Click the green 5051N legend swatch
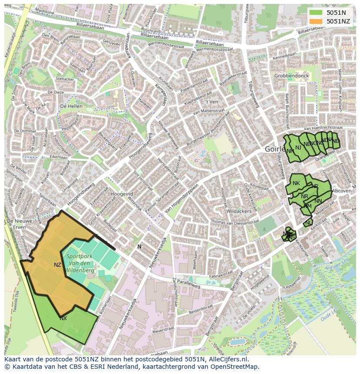tap(316, 13)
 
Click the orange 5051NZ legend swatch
tap(316, 21)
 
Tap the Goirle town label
tap(275, 149)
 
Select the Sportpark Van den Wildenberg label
tap(80, 263)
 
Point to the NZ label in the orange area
tap(57, 265)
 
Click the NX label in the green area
tap(63, 318)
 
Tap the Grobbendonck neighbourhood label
tap(291, 76)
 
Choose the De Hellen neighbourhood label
tap(71, 106)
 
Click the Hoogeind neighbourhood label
tap(122, 194)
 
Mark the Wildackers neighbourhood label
tap(239, 211)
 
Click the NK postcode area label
tap(296, 183)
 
